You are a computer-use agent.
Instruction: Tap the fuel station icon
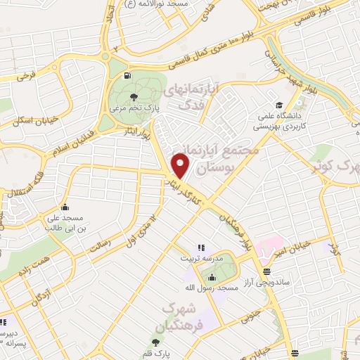(126, 75)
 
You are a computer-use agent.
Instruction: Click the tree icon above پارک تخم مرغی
(134, 96)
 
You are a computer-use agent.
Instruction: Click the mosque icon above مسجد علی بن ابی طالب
(65, 207)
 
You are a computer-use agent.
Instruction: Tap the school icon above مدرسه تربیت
(200, 247)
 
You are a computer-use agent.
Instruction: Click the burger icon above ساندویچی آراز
(266, 271)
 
